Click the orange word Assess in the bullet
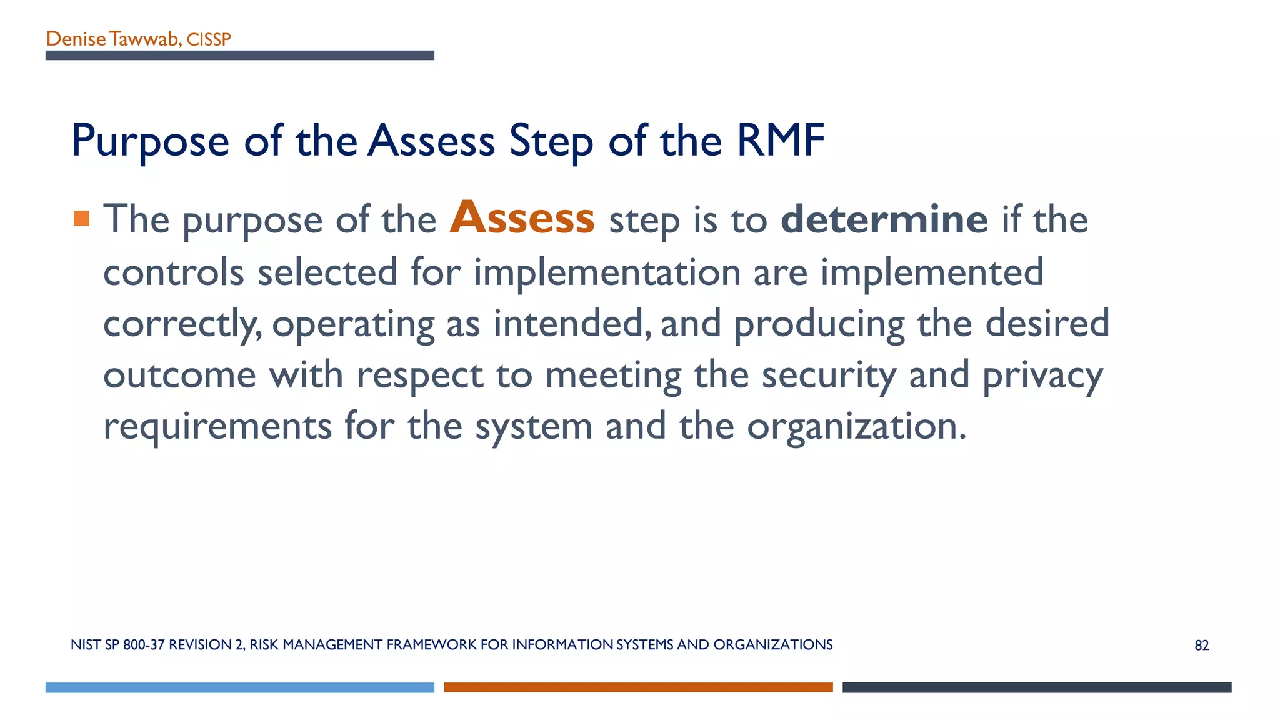pyautogui.click(x=522, y=218)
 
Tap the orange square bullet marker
pyautogui.click(x=81, y=218)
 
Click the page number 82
pyautogui.click(x=1201, y=646)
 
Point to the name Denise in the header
pyautogui.click(x=76, y=39)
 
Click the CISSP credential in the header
pyautogui.click(x=209, y=39)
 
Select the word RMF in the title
pyautogui.click(x=781, y=140)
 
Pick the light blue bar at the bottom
pyautogui.click(x=239, y=687)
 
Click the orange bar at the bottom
pyautogui.click(x=638, y=687)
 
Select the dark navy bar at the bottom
pyautogui.click(x=1037, y=687)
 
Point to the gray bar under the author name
pyautogui.click(x=239, y=56)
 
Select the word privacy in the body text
pyautogui.click(x=1042, y=376)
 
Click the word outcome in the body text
pyautogui.click(x=179, y=376)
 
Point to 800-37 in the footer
pyautogui.click(x=144, y=645)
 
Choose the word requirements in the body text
pyautogui.click(x=217, y=427)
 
